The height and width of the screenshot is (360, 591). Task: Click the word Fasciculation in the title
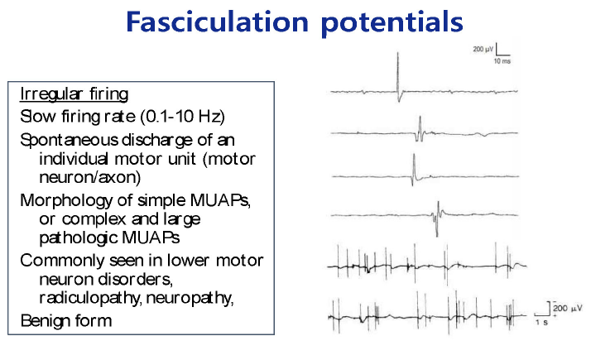click(x=218, y=22)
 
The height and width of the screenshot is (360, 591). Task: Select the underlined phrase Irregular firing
click(x=74, y=94)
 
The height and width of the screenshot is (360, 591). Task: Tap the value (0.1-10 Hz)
click(x=183, y=116)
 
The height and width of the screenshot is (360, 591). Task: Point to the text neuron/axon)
click(x=90, y=177)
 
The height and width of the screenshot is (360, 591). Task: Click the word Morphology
click(x=66, y=200)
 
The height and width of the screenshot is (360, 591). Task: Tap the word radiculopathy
click(x=90, y=298)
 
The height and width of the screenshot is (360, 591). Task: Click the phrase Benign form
click(x=66, y=321)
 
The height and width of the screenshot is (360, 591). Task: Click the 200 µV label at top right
click(x=483, y=49)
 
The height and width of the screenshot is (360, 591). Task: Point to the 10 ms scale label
click(x=502, y=61)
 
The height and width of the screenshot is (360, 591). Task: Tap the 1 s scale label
click(x=541, y=323)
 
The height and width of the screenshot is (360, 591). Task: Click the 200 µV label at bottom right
click(x=568, y=309)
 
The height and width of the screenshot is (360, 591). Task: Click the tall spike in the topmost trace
click(x=398, y=76)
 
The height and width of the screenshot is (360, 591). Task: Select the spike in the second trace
click(x=420, y=129)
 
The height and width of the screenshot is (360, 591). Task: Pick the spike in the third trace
click(x=414, y=170)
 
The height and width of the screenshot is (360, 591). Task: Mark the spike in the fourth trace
click(x=437, y=218)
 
